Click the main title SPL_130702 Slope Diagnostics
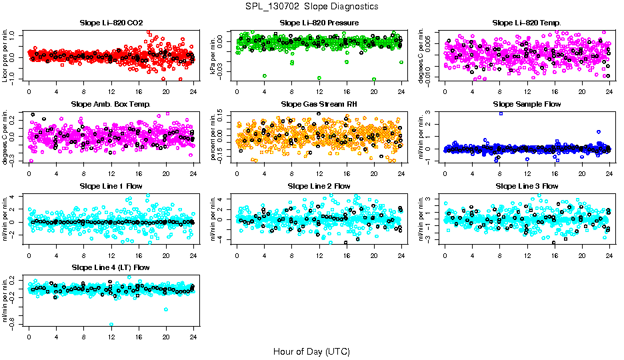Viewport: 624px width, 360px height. pos(312,7)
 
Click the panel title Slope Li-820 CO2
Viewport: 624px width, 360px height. pos(111,23)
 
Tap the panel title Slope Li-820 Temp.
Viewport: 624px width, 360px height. pos(527,23)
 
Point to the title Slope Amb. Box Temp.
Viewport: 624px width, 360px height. pos(111,105)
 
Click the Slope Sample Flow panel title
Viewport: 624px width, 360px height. pos(527,105)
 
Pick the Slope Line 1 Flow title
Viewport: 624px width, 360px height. pos(111,186)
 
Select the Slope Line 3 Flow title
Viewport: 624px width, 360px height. pos(527,186)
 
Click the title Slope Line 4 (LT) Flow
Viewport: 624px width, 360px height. pos(111,267)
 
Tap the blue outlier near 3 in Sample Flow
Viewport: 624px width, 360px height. pos(501,113)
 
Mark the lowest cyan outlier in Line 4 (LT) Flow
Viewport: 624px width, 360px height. pos(111,325)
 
